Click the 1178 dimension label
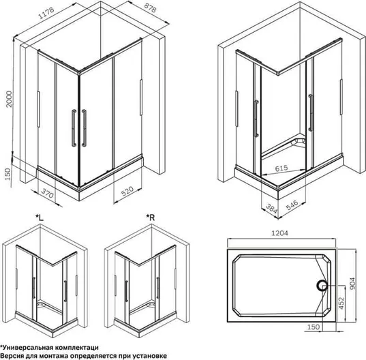46,13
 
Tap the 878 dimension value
150,7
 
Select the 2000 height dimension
9,99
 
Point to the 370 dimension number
48,193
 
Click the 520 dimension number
127,191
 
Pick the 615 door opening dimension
281,168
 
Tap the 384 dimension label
271,208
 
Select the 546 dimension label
292,205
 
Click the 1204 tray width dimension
279,233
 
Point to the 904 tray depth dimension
352,284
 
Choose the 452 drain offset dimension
341,303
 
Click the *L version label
40,217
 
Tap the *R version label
151,217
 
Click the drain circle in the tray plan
322,285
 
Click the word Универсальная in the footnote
27,348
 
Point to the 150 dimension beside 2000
7,174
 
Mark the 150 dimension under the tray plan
313,327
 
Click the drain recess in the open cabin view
301,141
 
